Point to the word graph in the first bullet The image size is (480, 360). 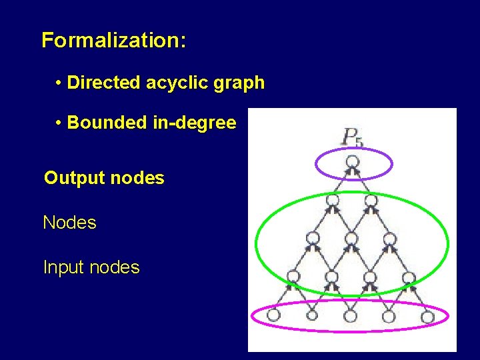(241, 83)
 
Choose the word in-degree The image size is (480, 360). (193, 123)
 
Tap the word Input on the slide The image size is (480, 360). (64, 267)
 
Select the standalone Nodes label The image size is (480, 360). (69, 223)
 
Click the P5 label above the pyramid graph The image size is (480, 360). (352, 137)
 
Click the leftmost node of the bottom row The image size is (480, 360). (274, 315)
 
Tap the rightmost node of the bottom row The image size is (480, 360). (427, 316)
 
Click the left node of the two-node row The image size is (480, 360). (333, 199)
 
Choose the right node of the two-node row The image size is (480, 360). (371, 199)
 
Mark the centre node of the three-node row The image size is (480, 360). (351, 238)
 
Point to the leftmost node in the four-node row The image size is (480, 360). (293, 277)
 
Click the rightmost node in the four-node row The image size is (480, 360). (409, 277)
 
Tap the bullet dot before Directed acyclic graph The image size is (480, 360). (59, 83)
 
